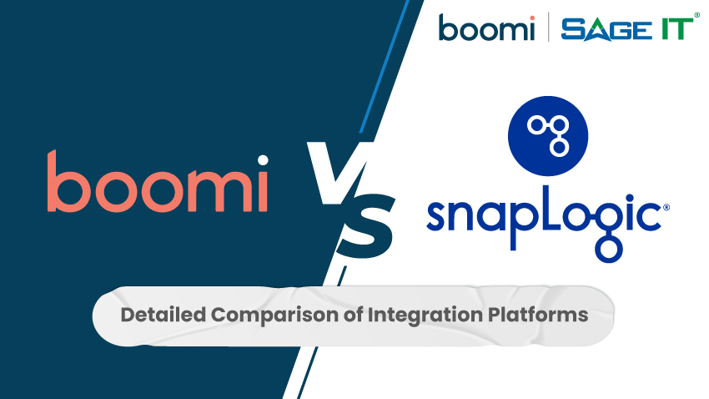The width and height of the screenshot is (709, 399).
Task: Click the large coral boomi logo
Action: click(158, 182)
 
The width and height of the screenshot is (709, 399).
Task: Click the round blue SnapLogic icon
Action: click(548, 134)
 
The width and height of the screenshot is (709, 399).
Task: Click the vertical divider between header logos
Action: click(549, 28)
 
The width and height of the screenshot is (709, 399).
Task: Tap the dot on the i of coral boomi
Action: click(262, 160)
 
